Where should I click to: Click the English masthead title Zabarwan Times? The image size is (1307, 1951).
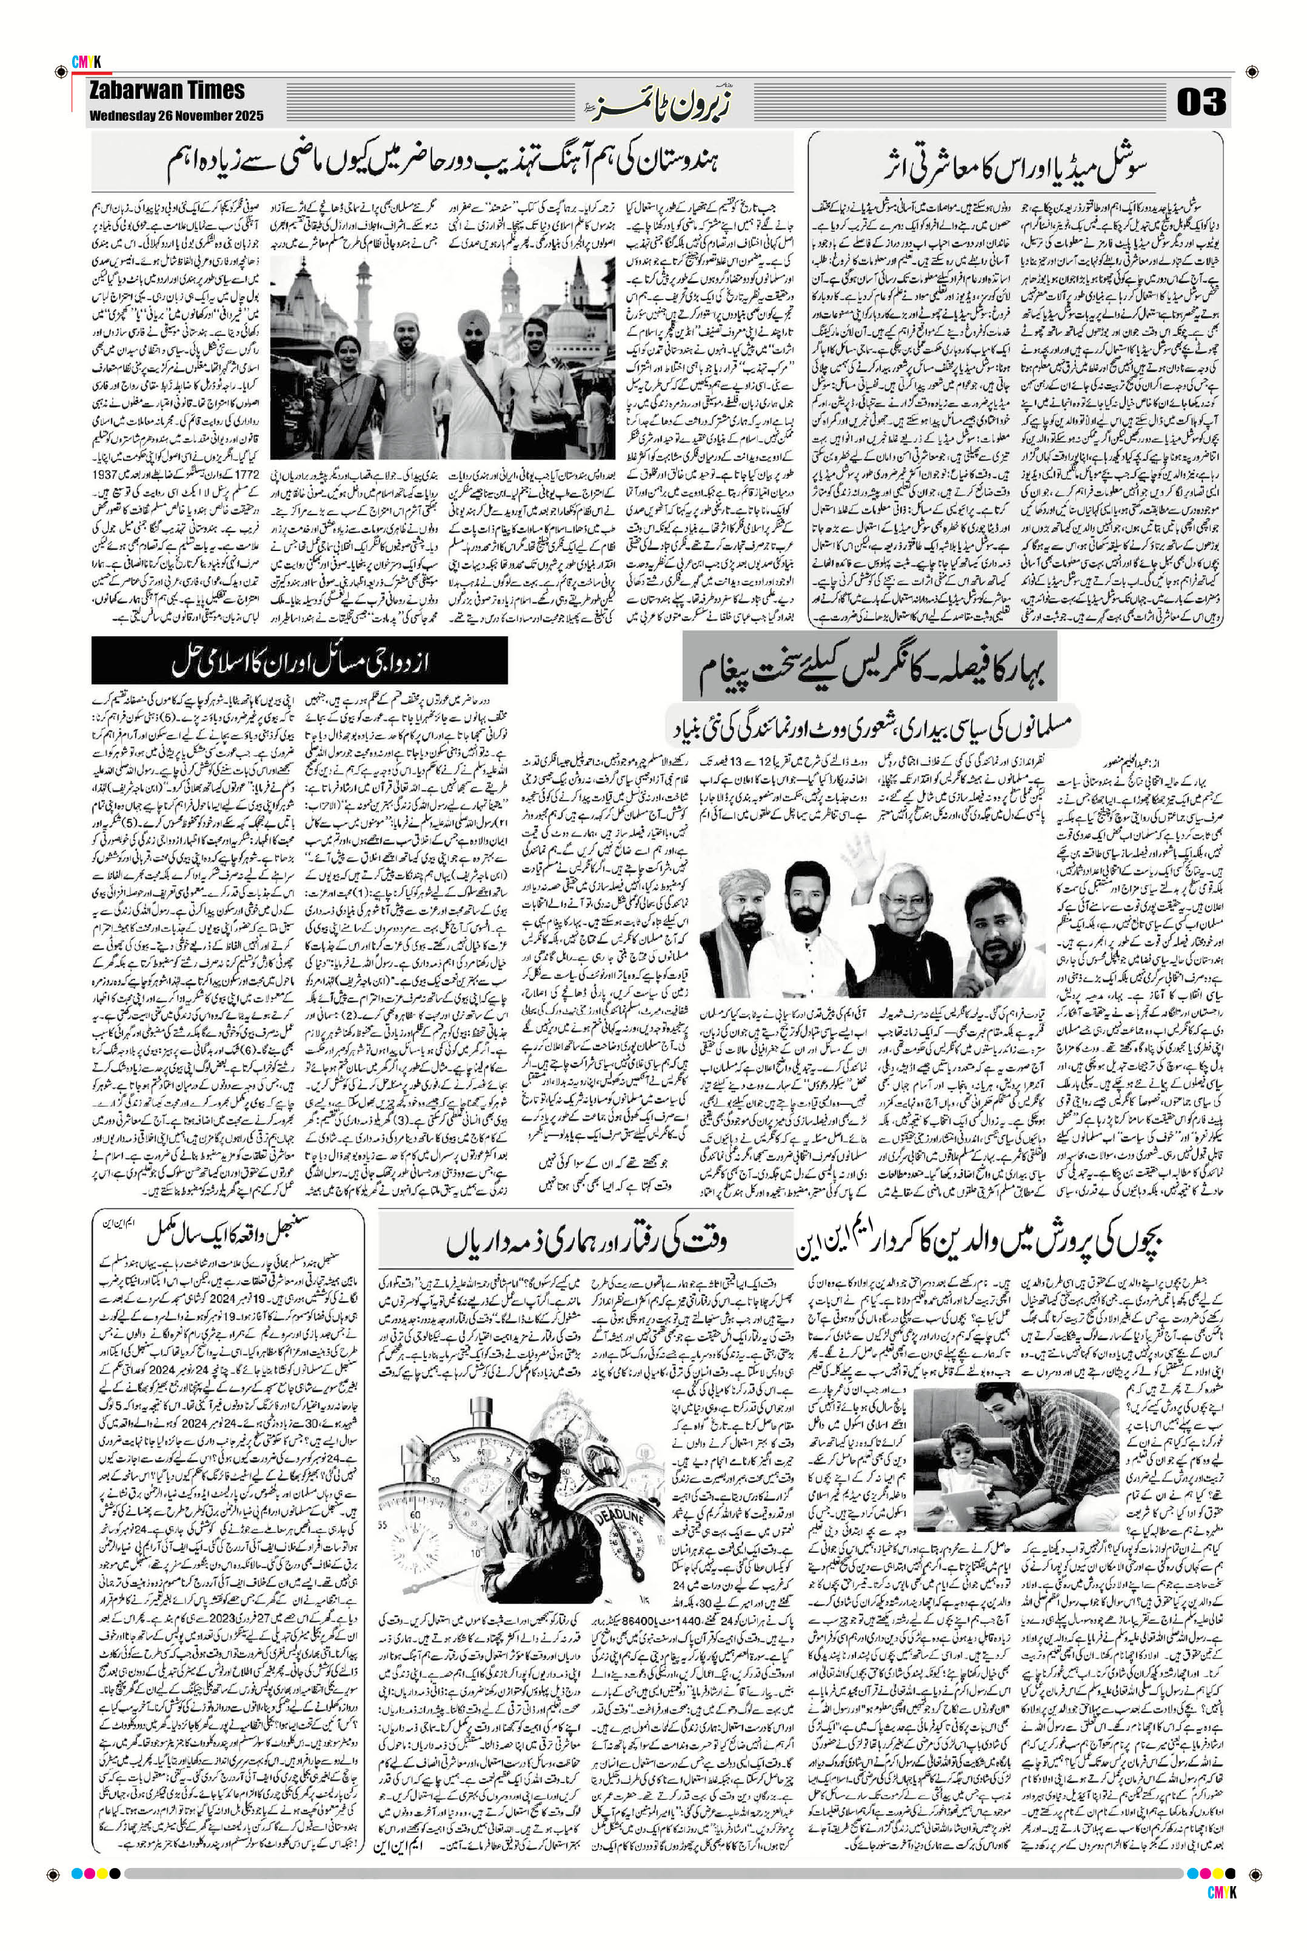point(167,91)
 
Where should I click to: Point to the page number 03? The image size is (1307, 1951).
point(1201,102)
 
